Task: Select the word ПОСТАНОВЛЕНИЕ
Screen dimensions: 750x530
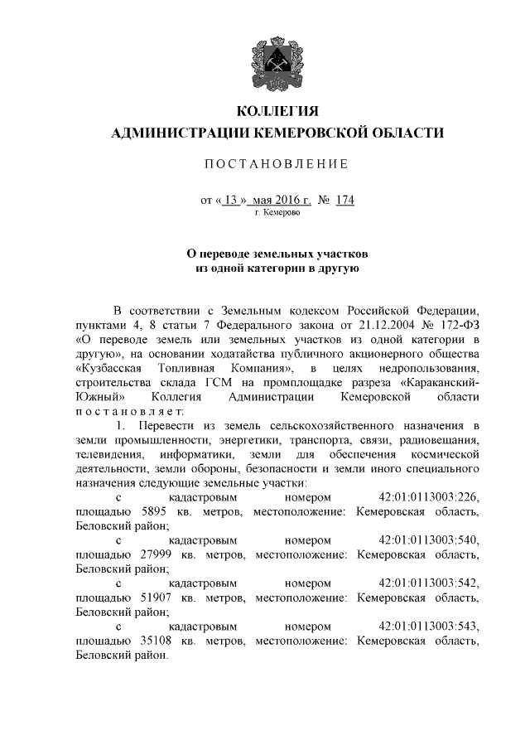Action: [x=277, y=163]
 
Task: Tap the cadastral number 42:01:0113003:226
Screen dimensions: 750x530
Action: [x=428, y=497]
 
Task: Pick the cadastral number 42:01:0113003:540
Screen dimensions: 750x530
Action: [x=428, y=540]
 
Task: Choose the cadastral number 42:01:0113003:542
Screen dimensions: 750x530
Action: [x=428, y=583]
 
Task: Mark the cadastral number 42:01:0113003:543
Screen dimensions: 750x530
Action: [x=428, y=627]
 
